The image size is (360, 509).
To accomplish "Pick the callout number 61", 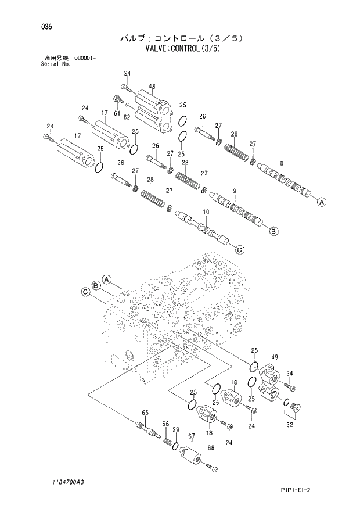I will point(117,113).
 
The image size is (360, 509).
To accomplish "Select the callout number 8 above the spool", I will point(281,163).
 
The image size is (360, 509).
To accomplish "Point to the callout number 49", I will point(274,357).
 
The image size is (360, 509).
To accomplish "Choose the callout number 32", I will point(290,425).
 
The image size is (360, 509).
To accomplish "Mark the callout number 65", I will point(145,413).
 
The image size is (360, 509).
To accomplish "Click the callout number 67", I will point(192,436).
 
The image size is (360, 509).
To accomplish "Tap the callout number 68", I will point(210,447).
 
